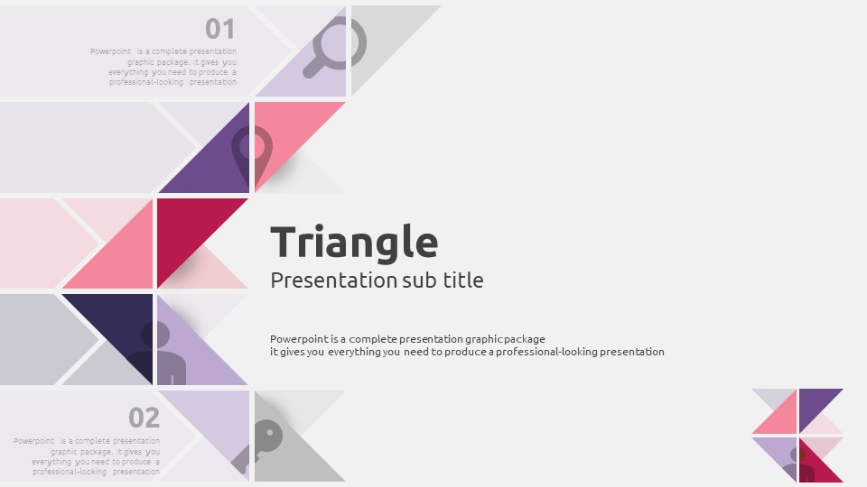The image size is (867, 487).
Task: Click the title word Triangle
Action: [x=354, y=243]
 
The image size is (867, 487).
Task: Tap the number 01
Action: [x=220, y=29]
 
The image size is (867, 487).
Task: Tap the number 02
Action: [x=144, y=418]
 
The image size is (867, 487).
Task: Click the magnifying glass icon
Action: [x=335, y=47]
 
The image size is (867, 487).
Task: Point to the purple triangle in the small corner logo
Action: [x=816, y=406]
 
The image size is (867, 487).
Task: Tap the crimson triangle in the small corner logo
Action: [x=816, y=464]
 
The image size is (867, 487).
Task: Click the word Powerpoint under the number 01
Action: [x=110, y=51]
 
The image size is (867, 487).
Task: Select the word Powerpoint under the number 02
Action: [x=33, y=441]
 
